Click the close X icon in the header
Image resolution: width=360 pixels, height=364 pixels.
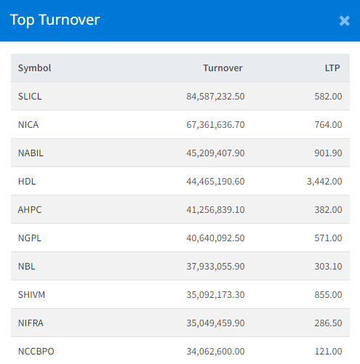pos(344,20)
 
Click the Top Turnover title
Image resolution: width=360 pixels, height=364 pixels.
pos(55,20)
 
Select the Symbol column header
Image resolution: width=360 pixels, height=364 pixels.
pos(35,68)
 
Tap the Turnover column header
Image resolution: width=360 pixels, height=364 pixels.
pos(223,68)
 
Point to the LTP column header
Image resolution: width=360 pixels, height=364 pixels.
pos(332,68)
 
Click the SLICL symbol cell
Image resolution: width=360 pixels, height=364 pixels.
pos(30,97)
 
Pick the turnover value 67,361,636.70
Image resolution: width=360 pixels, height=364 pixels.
pos(215,125)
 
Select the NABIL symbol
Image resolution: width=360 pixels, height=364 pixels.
pos(31,153)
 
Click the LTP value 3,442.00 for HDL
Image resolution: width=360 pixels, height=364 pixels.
pos(324,182)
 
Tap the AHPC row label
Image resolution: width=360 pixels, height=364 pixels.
pos(30,210)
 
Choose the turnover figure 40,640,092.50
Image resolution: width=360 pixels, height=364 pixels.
pos(215,238)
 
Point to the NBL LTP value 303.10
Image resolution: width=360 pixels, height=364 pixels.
pos(328,267)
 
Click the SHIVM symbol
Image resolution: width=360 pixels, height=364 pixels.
pos(31,295)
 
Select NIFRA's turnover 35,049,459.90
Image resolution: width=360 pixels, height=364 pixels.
pos(215,323)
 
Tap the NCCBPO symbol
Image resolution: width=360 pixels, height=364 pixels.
pos(36,352)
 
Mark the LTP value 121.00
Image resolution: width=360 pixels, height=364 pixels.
pos(328,352)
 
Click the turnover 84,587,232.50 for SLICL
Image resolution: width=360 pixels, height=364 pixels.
pos(215,97)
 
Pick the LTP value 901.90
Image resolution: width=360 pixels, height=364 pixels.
pos(328,153)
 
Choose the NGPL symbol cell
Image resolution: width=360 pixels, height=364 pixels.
pos(30,238)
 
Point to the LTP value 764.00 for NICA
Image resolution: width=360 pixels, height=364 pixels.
pos(328,125)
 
